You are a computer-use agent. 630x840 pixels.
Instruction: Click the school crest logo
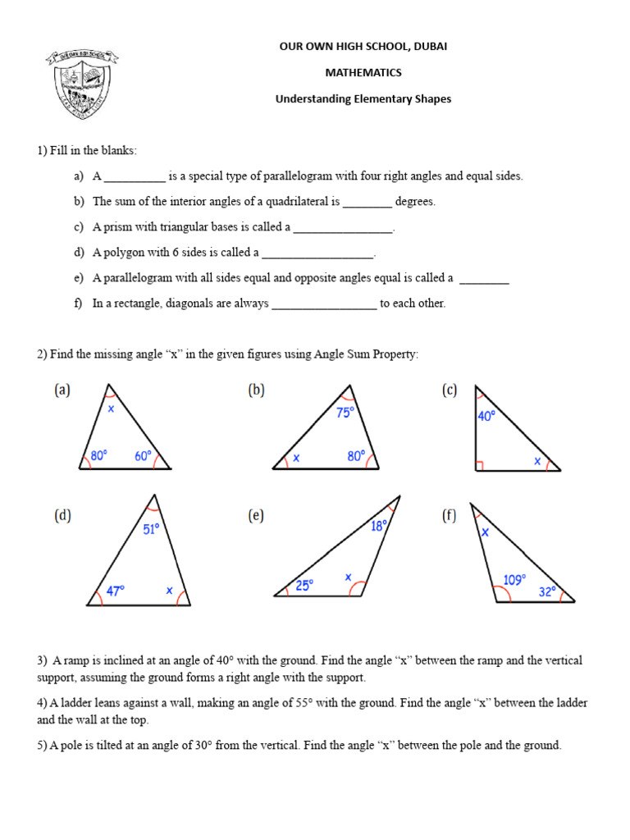point(83,81)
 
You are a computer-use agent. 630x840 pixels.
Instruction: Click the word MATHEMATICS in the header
point(363,72)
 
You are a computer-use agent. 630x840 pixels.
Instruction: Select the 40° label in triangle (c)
point(486,416)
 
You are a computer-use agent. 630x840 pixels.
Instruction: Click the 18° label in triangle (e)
point(377,527)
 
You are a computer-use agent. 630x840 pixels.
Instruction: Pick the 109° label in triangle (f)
point(514,580)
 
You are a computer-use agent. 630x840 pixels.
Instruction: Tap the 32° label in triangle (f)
point(547,591)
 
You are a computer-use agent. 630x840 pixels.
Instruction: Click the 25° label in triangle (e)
point(304,586)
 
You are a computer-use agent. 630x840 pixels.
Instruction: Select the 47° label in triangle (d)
point(116,590)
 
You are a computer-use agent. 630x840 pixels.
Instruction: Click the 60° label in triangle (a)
point(144,456)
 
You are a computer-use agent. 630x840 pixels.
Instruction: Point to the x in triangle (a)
point(111,408)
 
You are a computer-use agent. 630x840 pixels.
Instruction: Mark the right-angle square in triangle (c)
point(480,466)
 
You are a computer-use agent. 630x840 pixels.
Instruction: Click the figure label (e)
point(257,516)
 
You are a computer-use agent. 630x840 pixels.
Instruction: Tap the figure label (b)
point(257,391)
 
